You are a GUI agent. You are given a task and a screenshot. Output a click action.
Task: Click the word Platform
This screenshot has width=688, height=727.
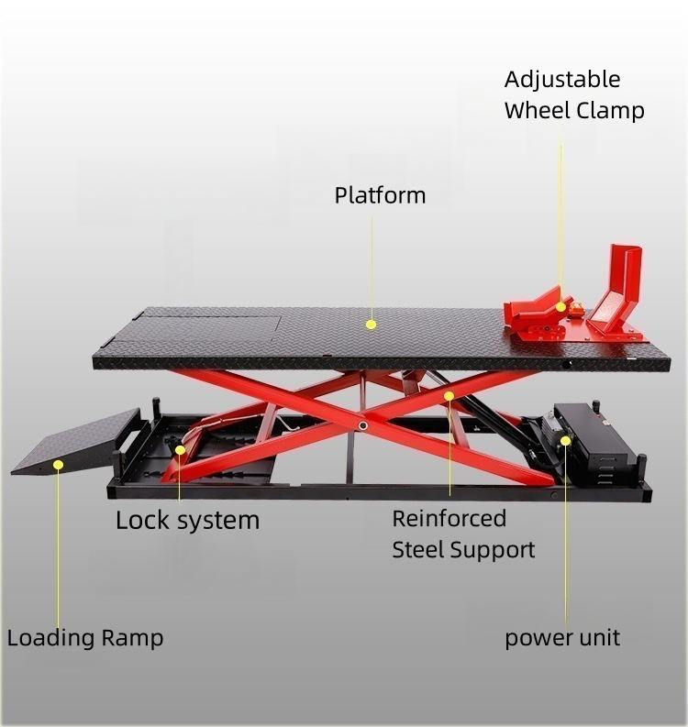380,195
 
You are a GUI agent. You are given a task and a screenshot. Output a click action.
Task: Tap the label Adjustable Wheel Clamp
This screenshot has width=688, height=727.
574,95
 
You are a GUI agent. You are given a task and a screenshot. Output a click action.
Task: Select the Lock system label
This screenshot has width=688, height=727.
187,521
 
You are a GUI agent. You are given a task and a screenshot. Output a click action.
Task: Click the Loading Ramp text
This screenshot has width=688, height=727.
85,638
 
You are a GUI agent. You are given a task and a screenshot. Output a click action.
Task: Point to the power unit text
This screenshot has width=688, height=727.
562,637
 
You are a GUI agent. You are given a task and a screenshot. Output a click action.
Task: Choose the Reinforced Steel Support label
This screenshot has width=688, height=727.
463,534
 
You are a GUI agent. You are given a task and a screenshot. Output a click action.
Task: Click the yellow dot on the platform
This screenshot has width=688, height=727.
372,324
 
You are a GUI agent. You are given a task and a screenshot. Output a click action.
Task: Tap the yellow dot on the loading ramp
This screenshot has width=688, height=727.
57,464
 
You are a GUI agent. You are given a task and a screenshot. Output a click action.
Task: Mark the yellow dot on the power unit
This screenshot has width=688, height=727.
566,441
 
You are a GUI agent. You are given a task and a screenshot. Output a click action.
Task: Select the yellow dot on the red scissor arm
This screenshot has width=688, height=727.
449,396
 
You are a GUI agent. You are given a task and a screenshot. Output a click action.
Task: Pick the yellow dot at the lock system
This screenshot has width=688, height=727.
180,449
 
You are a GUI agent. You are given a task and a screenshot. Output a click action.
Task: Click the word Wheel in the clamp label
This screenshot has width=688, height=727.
538,111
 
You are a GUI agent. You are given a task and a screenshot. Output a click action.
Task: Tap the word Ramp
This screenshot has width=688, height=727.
132,638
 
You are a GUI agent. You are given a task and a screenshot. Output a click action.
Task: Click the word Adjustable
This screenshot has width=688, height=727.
562,80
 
